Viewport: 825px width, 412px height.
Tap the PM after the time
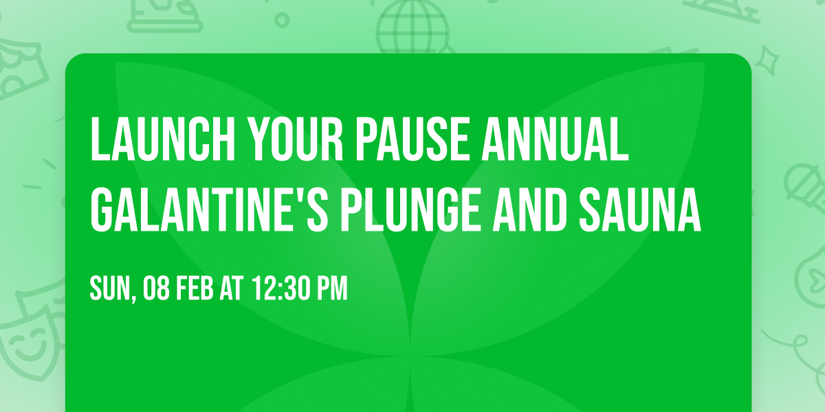coord(333,289)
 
